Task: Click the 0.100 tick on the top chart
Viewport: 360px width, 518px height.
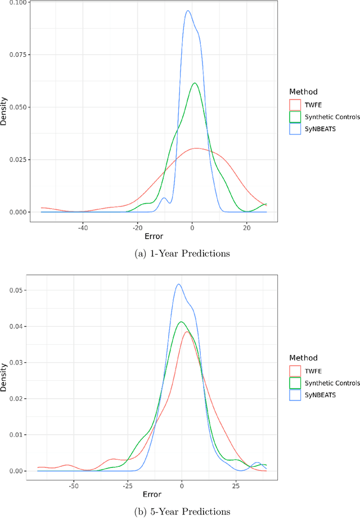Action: (17, 3)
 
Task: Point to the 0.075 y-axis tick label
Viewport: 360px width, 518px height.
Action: (17, 55)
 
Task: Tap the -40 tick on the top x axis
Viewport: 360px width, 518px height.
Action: (83, 228)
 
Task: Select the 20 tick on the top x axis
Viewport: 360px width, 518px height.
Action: (247, 228)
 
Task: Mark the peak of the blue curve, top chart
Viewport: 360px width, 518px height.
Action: (187, 10)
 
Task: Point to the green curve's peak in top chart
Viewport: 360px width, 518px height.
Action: (195, 83)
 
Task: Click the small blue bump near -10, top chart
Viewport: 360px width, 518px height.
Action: (164, 198)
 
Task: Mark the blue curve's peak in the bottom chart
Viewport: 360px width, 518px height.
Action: (178, 284)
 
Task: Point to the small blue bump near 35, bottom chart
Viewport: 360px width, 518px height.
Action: (257, 463)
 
